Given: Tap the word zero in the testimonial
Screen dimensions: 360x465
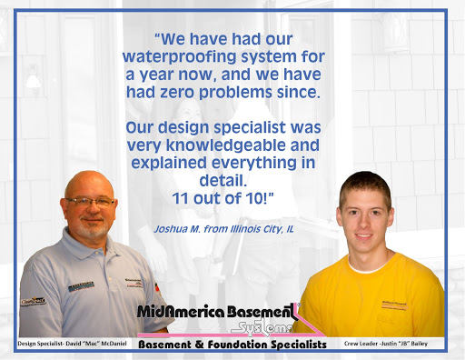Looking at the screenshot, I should [x=173, y=94].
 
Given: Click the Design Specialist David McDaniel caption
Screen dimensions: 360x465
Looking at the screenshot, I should [x=70, y=344].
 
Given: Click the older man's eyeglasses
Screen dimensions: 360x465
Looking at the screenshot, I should [x=90, y=201].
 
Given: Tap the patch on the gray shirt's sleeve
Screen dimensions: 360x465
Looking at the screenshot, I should [x=34, y=300].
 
